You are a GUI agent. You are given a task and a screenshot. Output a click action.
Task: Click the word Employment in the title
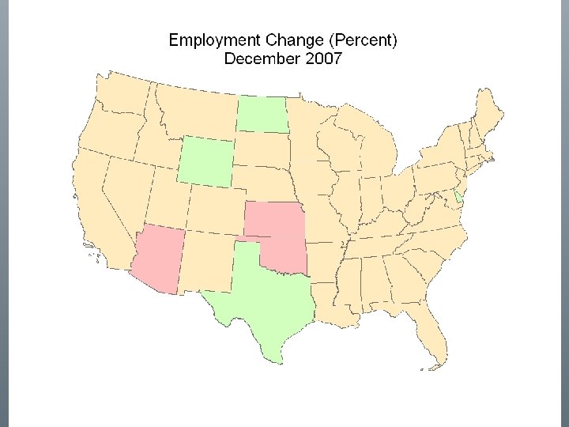[x=207, y=40]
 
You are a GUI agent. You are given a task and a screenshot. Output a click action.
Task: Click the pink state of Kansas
[x=274, y=218]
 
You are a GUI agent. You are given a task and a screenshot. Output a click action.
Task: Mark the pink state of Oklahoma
[x=283, y=253]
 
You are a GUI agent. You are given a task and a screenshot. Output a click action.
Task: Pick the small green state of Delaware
[x=459, y=197]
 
